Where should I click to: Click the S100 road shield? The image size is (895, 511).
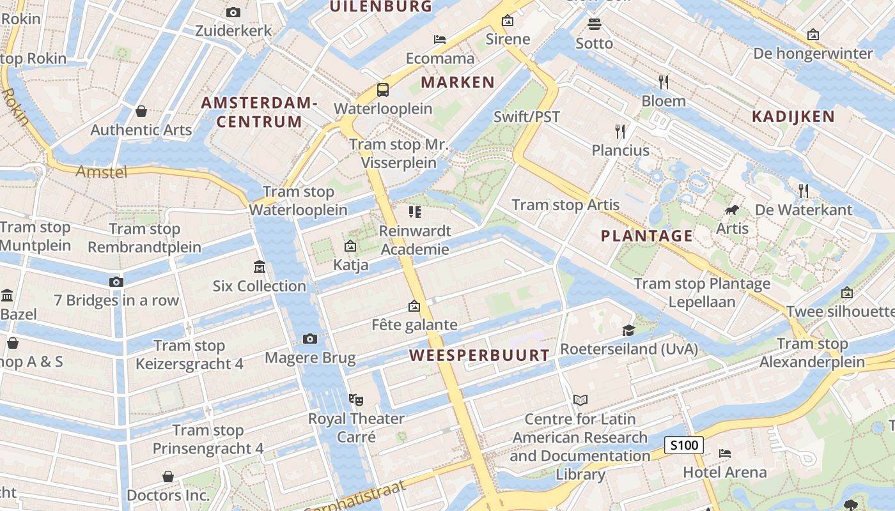point(683,445)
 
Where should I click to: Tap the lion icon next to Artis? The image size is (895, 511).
point(732,210)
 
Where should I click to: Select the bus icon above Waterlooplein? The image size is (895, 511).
point(383,90)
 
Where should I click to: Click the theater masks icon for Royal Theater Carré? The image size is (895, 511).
point(356,400)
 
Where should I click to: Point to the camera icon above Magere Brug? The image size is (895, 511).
point(310,339)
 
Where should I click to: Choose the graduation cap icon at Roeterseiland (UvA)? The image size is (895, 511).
point(629,330)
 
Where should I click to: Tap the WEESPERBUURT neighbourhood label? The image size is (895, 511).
point(479,355)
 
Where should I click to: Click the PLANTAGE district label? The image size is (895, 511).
point(647,236)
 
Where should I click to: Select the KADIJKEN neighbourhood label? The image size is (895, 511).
point(793,116)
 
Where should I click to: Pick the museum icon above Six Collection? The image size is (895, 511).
point(260,266)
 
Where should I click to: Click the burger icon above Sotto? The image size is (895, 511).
point(595,24)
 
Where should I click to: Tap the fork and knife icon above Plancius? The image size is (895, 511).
point(620,132)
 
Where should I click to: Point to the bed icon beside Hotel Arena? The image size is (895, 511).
point(725,454)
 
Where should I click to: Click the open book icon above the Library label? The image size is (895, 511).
point(580,400)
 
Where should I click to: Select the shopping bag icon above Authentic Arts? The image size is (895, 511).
point(141,111)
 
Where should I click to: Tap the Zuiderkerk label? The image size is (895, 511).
point(233,31)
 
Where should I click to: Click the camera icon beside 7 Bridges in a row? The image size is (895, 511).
point(116,282)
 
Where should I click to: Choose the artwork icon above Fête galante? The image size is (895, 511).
point(414,307)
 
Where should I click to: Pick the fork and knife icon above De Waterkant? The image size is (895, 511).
point(804,190)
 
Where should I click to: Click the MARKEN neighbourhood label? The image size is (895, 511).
point(458,82)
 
